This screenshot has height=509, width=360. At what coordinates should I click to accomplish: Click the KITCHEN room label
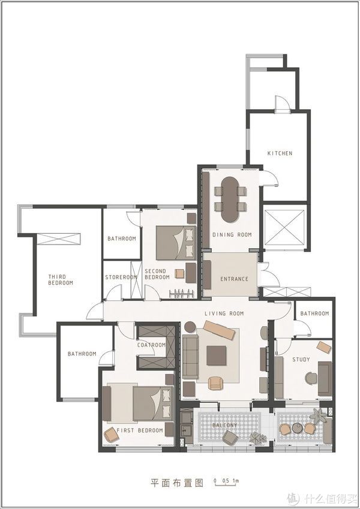[x=280, y=153]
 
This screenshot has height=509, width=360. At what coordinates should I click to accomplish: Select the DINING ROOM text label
[x=232, y=234]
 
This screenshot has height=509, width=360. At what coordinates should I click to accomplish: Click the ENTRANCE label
[x=234, y=279]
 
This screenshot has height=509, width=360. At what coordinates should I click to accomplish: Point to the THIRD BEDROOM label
[x=61, y=280]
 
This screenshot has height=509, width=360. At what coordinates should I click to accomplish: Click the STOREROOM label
[x=121, y=278]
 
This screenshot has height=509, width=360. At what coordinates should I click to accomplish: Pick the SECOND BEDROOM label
[x=157, y=275]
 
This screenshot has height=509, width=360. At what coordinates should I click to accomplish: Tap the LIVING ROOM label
[x=224, y=314]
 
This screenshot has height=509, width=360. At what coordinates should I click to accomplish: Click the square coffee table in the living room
[x=217, y=356]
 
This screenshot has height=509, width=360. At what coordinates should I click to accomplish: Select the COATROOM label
[x=151, y=345]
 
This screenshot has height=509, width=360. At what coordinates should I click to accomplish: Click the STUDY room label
[x=301, y=360]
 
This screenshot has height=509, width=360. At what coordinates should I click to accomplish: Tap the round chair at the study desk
[x=311, y=378]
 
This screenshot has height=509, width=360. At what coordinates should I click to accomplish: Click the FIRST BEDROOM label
[x=140, y=430]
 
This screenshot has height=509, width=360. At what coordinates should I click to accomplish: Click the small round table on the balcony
[x=297, y=428]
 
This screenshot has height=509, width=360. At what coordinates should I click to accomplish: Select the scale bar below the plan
[x=226, y=482]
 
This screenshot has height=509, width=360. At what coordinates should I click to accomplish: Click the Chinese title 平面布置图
[x=177, y=483]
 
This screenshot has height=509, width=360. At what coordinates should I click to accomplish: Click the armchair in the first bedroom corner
[x=111, y=435]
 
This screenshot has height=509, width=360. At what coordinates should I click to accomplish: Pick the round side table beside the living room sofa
[x=190, y=327]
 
